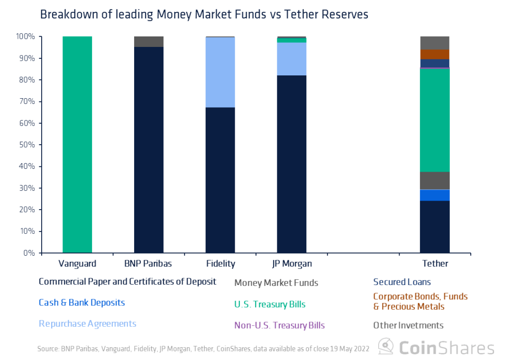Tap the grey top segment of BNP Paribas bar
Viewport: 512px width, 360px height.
(x=149, y=42)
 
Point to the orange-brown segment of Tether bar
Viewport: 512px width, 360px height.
(x=435, y=54)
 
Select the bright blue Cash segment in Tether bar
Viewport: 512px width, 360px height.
(x=435, y=195)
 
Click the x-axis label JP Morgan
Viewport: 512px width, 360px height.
(x=292, y=264)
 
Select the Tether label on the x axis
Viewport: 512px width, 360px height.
(x=435, y=264)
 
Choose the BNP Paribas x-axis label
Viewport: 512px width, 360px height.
(x=148, y=264)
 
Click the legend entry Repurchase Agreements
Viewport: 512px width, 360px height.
(x=87, y=324)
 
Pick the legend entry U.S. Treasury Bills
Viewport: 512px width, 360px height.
(x=270, y=305)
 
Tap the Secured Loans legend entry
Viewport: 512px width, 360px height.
(x=402, y=282)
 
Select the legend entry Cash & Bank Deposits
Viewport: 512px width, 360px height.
(x=82, y=303)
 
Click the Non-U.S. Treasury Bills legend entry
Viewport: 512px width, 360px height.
(x=279, y=325)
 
